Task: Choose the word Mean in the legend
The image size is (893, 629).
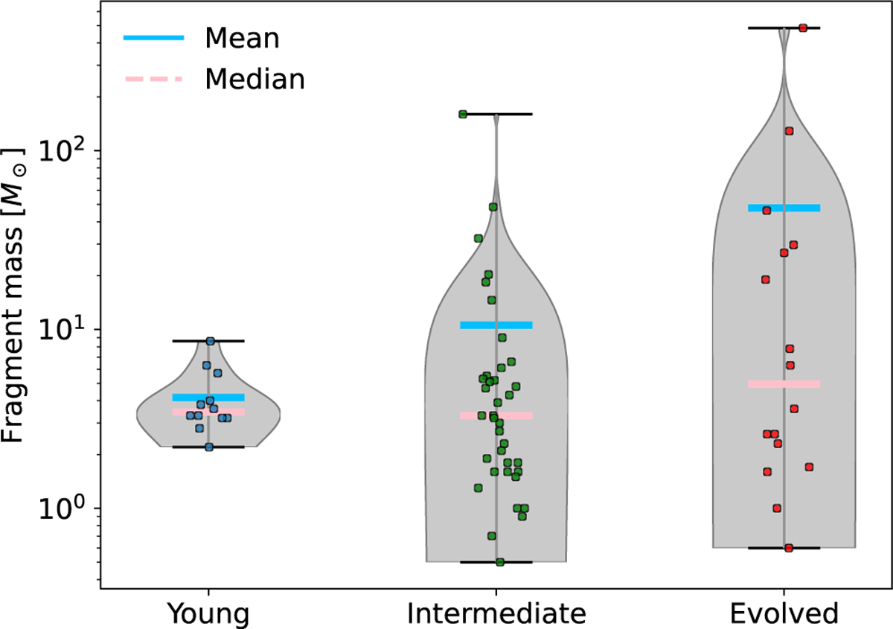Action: tap(242, 38)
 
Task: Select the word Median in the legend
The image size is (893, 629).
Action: tap(255, 78)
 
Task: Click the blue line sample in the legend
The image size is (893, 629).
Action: tap(153, 39)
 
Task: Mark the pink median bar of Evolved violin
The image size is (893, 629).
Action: tap(784, 384)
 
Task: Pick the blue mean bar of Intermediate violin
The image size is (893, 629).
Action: tap(496, 325)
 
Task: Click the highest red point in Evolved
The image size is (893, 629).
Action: tap(803, 28)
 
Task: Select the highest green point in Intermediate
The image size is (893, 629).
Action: tap(463, 115)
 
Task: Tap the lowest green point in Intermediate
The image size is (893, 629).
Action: tap(500, 562)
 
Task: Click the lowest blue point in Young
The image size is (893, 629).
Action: tap(209, 447)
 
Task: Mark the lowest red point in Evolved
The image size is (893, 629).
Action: tap(789, 548)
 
